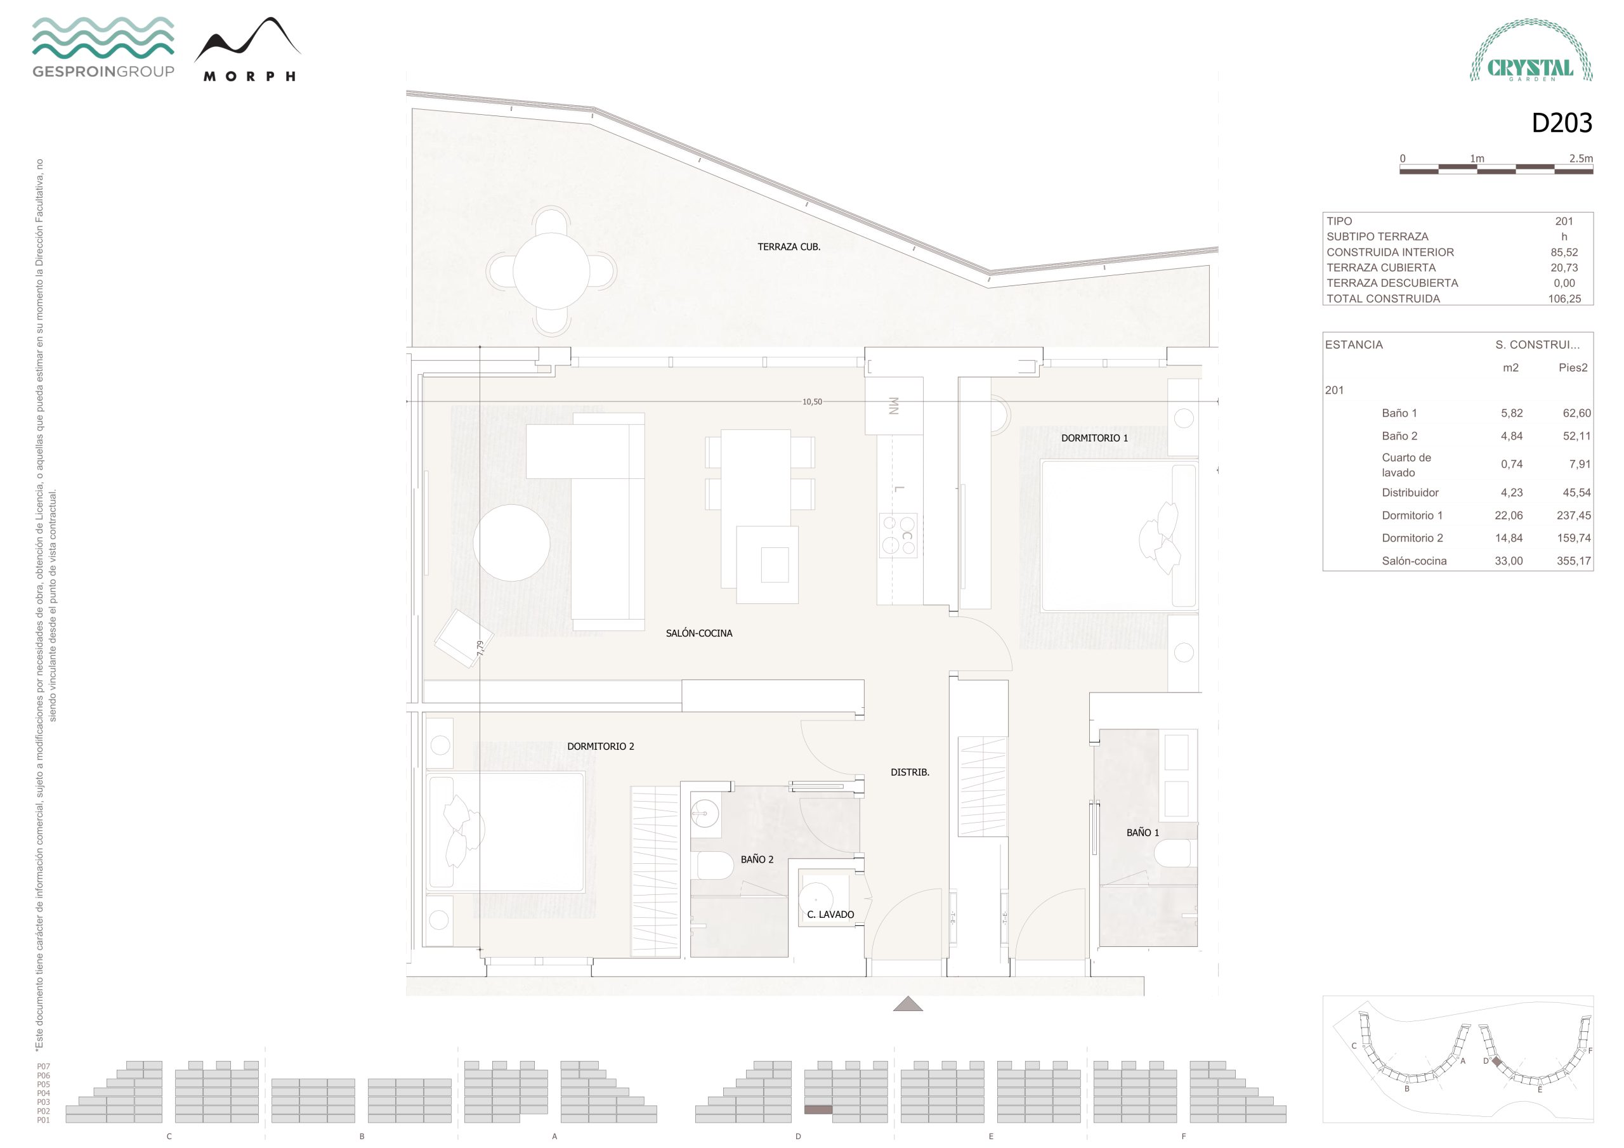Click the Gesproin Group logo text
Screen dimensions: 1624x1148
point(103,72)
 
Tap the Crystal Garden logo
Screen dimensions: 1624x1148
point(1531,50)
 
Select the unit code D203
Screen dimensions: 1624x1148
point(1562,123)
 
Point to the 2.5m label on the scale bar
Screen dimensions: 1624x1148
point(1581,159)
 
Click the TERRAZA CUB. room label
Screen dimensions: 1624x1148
point(789,247)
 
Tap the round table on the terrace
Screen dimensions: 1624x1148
point(551,271)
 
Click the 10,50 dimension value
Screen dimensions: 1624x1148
point(812,401)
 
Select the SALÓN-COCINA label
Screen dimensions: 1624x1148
point(699,633)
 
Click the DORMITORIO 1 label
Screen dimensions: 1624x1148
point(1094,438)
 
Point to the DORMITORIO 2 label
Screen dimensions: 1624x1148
point(601,747)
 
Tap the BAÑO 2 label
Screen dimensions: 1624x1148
point(757,859)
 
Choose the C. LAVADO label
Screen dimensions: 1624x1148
point(830,915)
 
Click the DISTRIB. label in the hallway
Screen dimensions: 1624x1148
point(910,773)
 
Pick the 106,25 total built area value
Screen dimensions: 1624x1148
point(1564,299)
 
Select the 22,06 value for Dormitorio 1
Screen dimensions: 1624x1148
point(1509,516)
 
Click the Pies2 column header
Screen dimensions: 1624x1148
point(1573,368)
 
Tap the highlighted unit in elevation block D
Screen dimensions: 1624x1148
point(818,1110)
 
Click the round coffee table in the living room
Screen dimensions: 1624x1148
point(511,542)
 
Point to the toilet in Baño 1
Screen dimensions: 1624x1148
point(1175,853)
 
